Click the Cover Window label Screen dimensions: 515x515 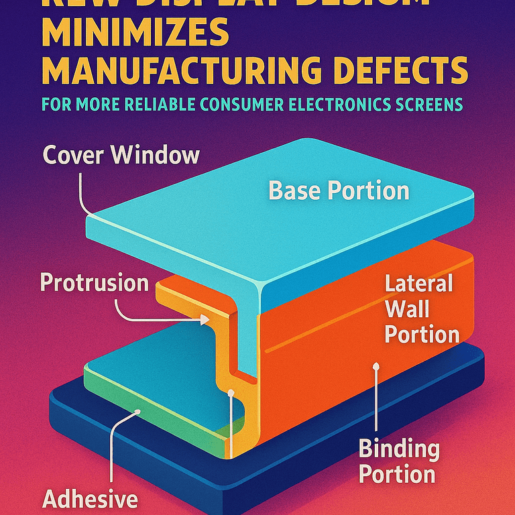point(121,156)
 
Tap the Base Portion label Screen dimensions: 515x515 point(339,191)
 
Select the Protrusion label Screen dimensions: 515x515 point(95,282)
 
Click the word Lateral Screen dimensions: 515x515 point(419,283)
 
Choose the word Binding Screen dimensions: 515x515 point(399,449)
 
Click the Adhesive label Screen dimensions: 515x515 point(90,499)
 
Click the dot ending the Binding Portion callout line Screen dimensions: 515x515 point(377,367)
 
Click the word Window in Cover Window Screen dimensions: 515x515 point(156,156)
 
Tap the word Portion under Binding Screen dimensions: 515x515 point(397,474)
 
